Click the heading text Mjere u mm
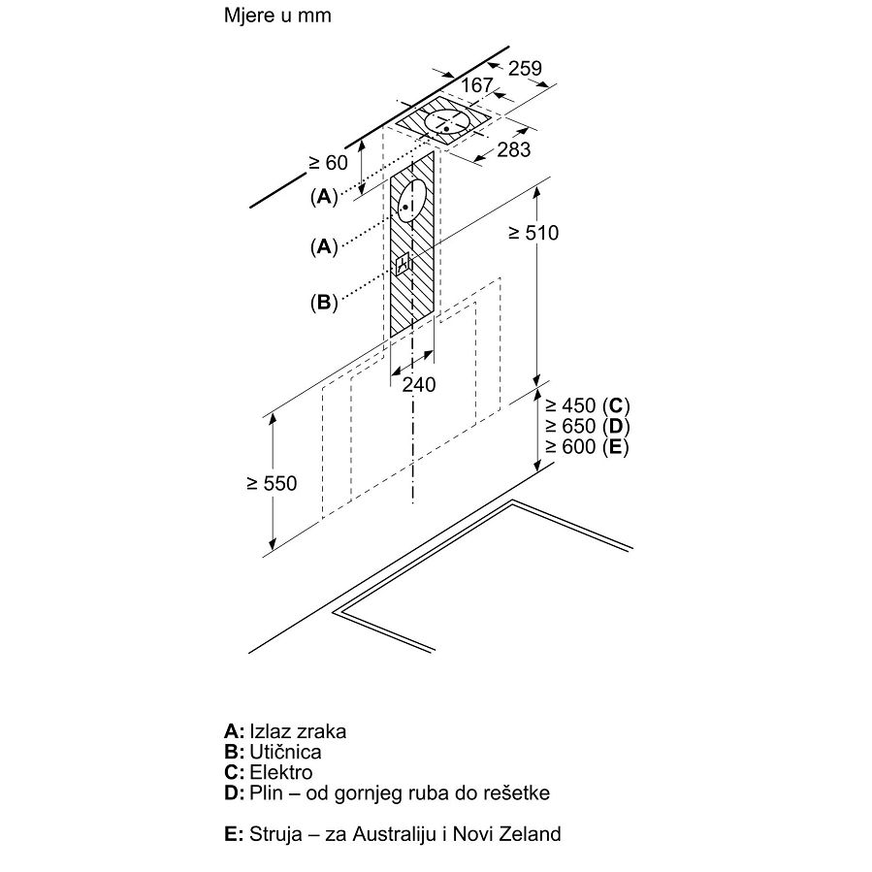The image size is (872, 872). (277, 16)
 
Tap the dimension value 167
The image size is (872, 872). (476, 85)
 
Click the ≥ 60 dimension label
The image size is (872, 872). (328, 162)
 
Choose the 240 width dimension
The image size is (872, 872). (419, 384)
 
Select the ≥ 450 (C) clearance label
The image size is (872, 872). (587, 405)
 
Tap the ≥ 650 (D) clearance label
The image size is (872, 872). (587, 426)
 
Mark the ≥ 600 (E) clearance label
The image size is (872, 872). (587, 446)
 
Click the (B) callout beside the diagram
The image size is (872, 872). (323, 303)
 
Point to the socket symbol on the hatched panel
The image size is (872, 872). (404, 265)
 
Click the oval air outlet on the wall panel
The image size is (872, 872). (411, 201)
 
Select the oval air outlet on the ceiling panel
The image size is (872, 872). (446, 122)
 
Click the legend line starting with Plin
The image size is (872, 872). (387, 793)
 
